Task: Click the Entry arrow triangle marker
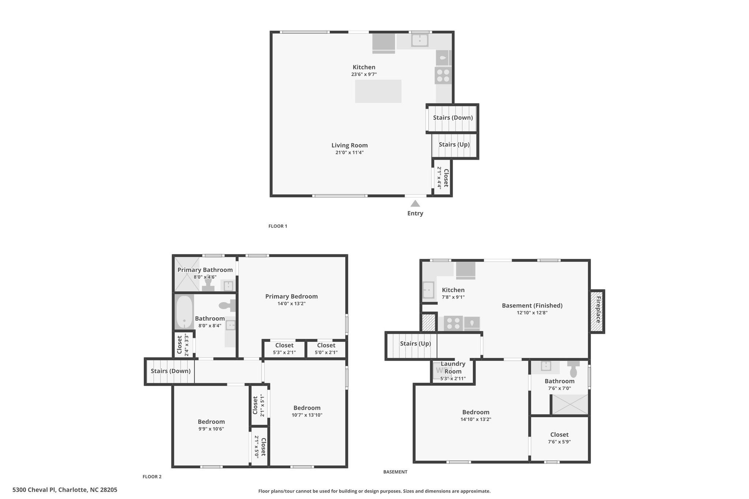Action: [x=415, y=203]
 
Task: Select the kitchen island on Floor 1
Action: [x=378, y=91]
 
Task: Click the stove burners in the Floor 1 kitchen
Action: [x=443, y=75]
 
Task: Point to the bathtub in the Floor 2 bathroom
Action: [x=184, y=312]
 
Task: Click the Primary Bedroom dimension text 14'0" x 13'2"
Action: [x=291, y=303]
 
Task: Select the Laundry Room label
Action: [x=453, y=367]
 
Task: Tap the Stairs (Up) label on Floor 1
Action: [x=454, y=144]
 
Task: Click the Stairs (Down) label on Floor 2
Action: [x=171, y=371]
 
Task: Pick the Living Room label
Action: [x=350, y=145]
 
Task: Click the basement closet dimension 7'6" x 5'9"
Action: [x=559, y=442]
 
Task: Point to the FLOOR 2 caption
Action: [x=152, y=477]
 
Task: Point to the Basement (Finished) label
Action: [x=532, y=306]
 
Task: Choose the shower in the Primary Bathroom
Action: [x=187, y=274]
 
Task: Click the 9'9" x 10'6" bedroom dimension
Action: [x=211, y=429]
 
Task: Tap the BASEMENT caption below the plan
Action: [x=395, y=472]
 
